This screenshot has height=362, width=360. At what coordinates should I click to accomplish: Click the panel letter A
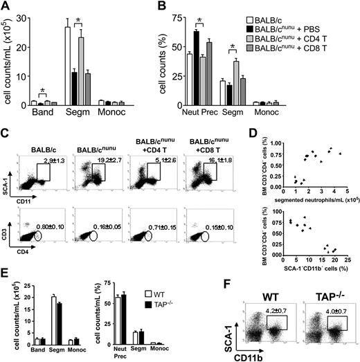[x=6, y=7]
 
